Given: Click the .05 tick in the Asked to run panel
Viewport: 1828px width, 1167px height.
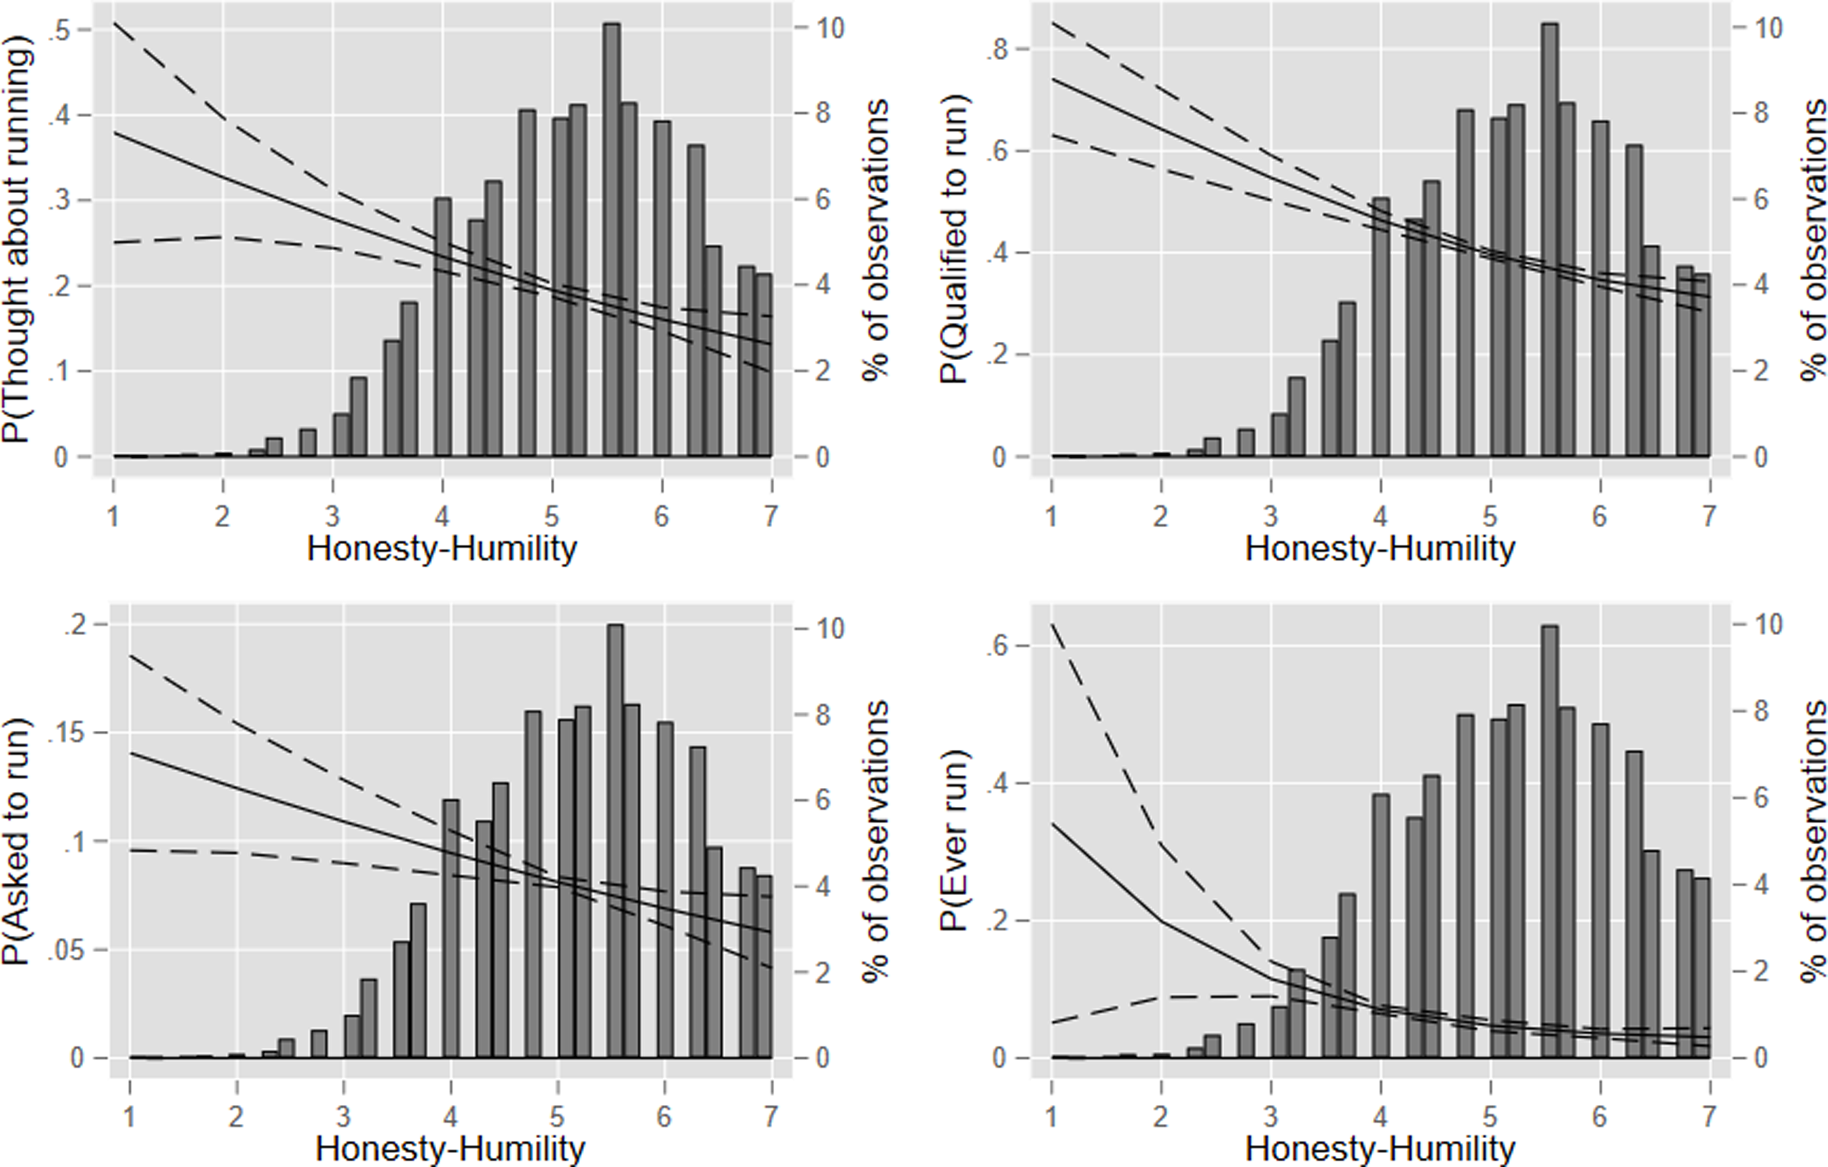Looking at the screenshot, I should pos(67,950).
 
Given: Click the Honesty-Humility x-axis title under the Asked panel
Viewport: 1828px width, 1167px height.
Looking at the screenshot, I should pos(450,1149).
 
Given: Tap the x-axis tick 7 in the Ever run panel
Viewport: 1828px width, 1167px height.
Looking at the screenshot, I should pos(1709,1116).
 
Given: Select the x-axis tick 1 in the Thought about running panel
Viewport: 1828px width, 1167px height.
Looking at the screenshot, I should pos(113,516).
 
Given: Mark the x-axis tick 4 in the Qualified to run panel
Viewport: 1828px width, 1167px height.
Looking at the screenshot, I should pos(1380,516).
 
